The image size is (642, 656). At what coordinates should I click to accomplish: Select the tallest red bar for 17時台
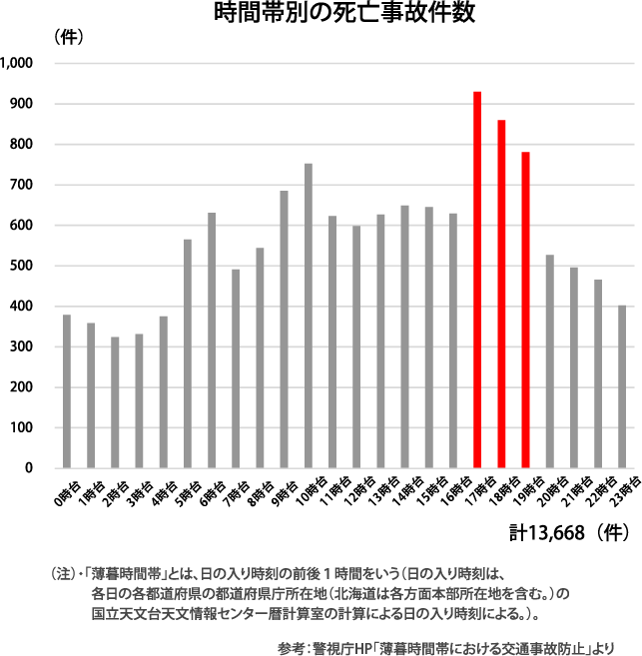click(477, 280)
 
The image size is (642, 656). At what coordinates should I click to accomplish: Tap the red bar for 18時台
click(501, 294)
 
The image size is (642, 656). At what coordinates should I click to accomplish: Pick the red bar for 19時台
click(525, 310)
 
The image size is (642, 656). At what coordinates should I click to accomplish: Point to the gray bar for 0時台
click(67, 391)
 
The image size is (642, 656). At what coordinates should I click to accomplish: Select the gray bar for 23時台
click(622, 386)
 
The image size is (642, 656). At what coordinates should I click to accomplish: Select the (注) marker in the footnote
click(62, 574)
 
